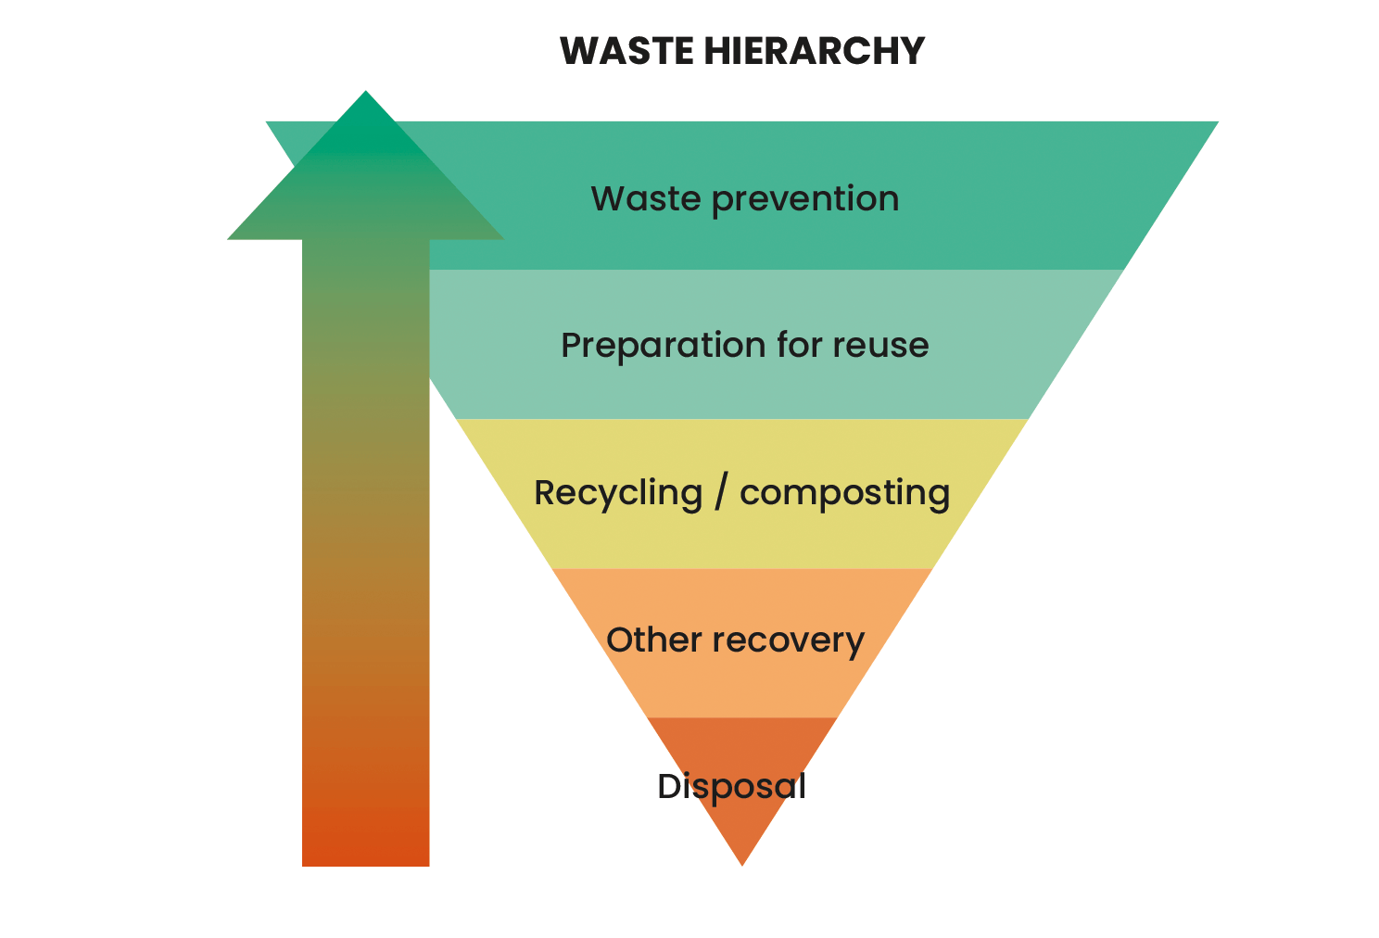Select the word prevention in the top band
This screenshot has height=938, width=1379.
[x=805, y=199]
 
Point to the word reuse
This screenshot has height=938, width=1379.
[x=880, y=346]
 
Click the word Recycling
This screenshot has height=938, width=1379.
[x=618, y=493]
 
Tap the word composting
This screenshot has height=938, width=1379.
[x=844, y=493]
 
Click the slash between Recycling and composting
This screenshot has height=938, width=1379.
[x=721, y=493]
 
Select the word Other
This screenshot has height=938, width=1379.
[x=653, y=640]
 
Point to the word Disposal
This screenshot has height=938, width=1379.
[x=731, y=787]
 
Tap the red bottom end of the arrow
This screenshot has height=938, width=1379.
[x=366, y=843]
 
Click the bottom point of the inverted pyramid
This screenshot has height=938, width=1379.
[x=742, y=862]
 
